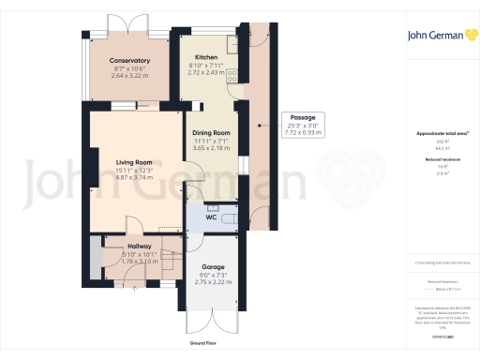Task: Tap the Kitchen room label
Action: pos(206,58)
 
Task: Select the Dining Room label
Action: pos(211,133)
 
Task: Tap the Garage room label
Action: pos(213,265)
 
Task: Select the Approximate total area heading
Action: pos(437,134)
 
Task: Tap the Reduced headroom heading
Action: pos(437,160)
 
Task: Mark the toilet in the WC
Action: pos(212,207)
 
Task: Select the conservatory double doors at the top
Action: pos(129,26)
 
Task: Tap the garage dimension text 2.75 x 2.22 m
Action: pos(213,282)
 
